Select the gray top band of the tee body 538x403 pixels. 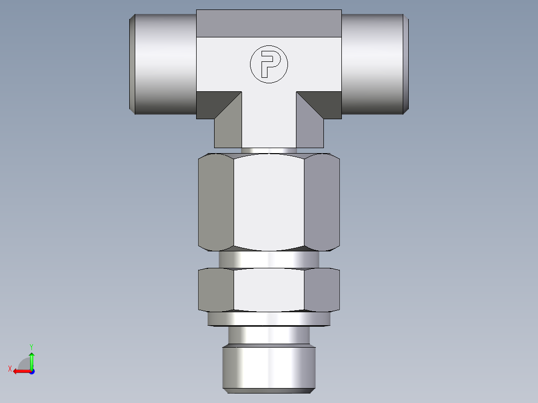point(269,23)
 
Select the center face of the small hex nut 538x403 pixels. point(269,290)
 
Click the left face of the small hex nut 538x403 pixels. point(216,290)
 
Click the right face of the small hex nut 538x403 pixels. point(322,290)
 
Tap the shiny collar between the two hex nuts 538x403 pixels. point(269,259)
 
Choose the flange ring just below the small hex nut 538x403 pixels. point(269,319)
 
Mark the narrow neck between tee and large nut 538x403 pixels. point(269,150)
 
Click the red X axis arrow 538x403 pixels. point(19,371)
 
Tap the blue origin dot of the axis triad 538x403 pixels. point(31,371)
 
